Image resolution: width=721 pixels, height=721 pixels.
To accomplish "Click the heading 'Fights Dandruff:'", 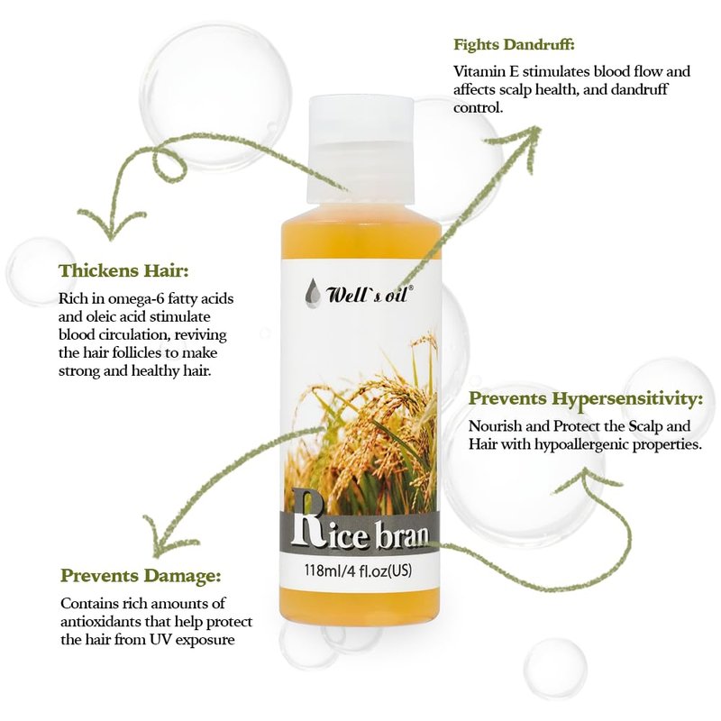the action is [514, 45].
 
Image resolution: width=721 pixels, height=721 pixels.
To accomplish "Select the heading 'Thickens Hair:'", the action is [123, 271].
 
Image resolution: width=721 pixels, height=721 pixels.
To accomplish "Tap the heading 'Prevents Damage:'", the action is [141, 576].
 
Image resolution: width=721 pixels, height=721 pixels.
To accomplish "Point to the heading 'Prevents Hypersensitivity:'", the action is [586, 398].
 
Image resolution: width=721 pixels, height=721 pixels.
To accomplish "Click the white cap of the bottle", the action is [360, 150].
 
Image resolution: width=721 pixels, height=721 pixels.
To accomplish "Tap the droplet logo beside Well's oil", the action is [312, 293].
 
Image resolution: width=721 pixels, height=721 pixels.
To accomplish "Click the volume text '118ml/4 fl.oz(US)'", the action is [358, 570].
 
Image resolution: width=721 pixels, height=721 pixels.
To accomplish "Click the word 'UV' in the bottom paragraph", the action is [160, 640].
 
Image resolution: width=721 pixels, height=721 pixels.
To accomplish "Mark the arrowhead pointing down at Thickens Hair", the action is [109, 224].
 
